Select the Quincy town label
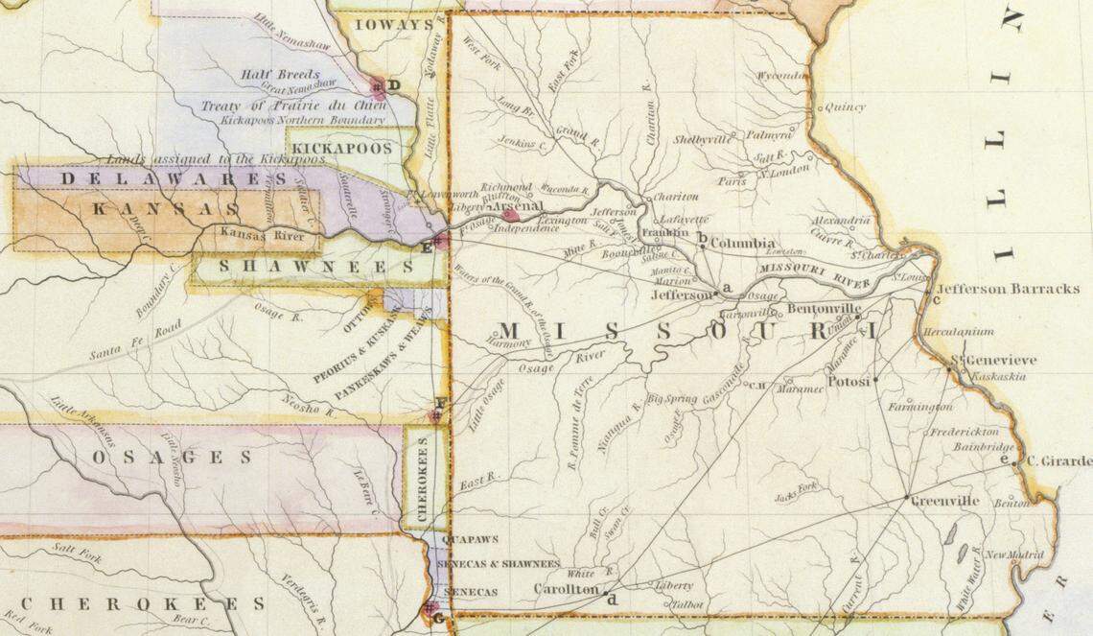[844, 107]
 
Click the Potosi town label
[848, 382]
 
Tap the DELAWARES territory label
[174, 178]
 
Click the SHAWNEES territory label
[315, 268]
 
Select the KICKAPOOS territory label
[342, 149]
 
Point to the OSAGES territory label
[173, 458]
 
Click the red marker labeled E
[440, 240]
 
